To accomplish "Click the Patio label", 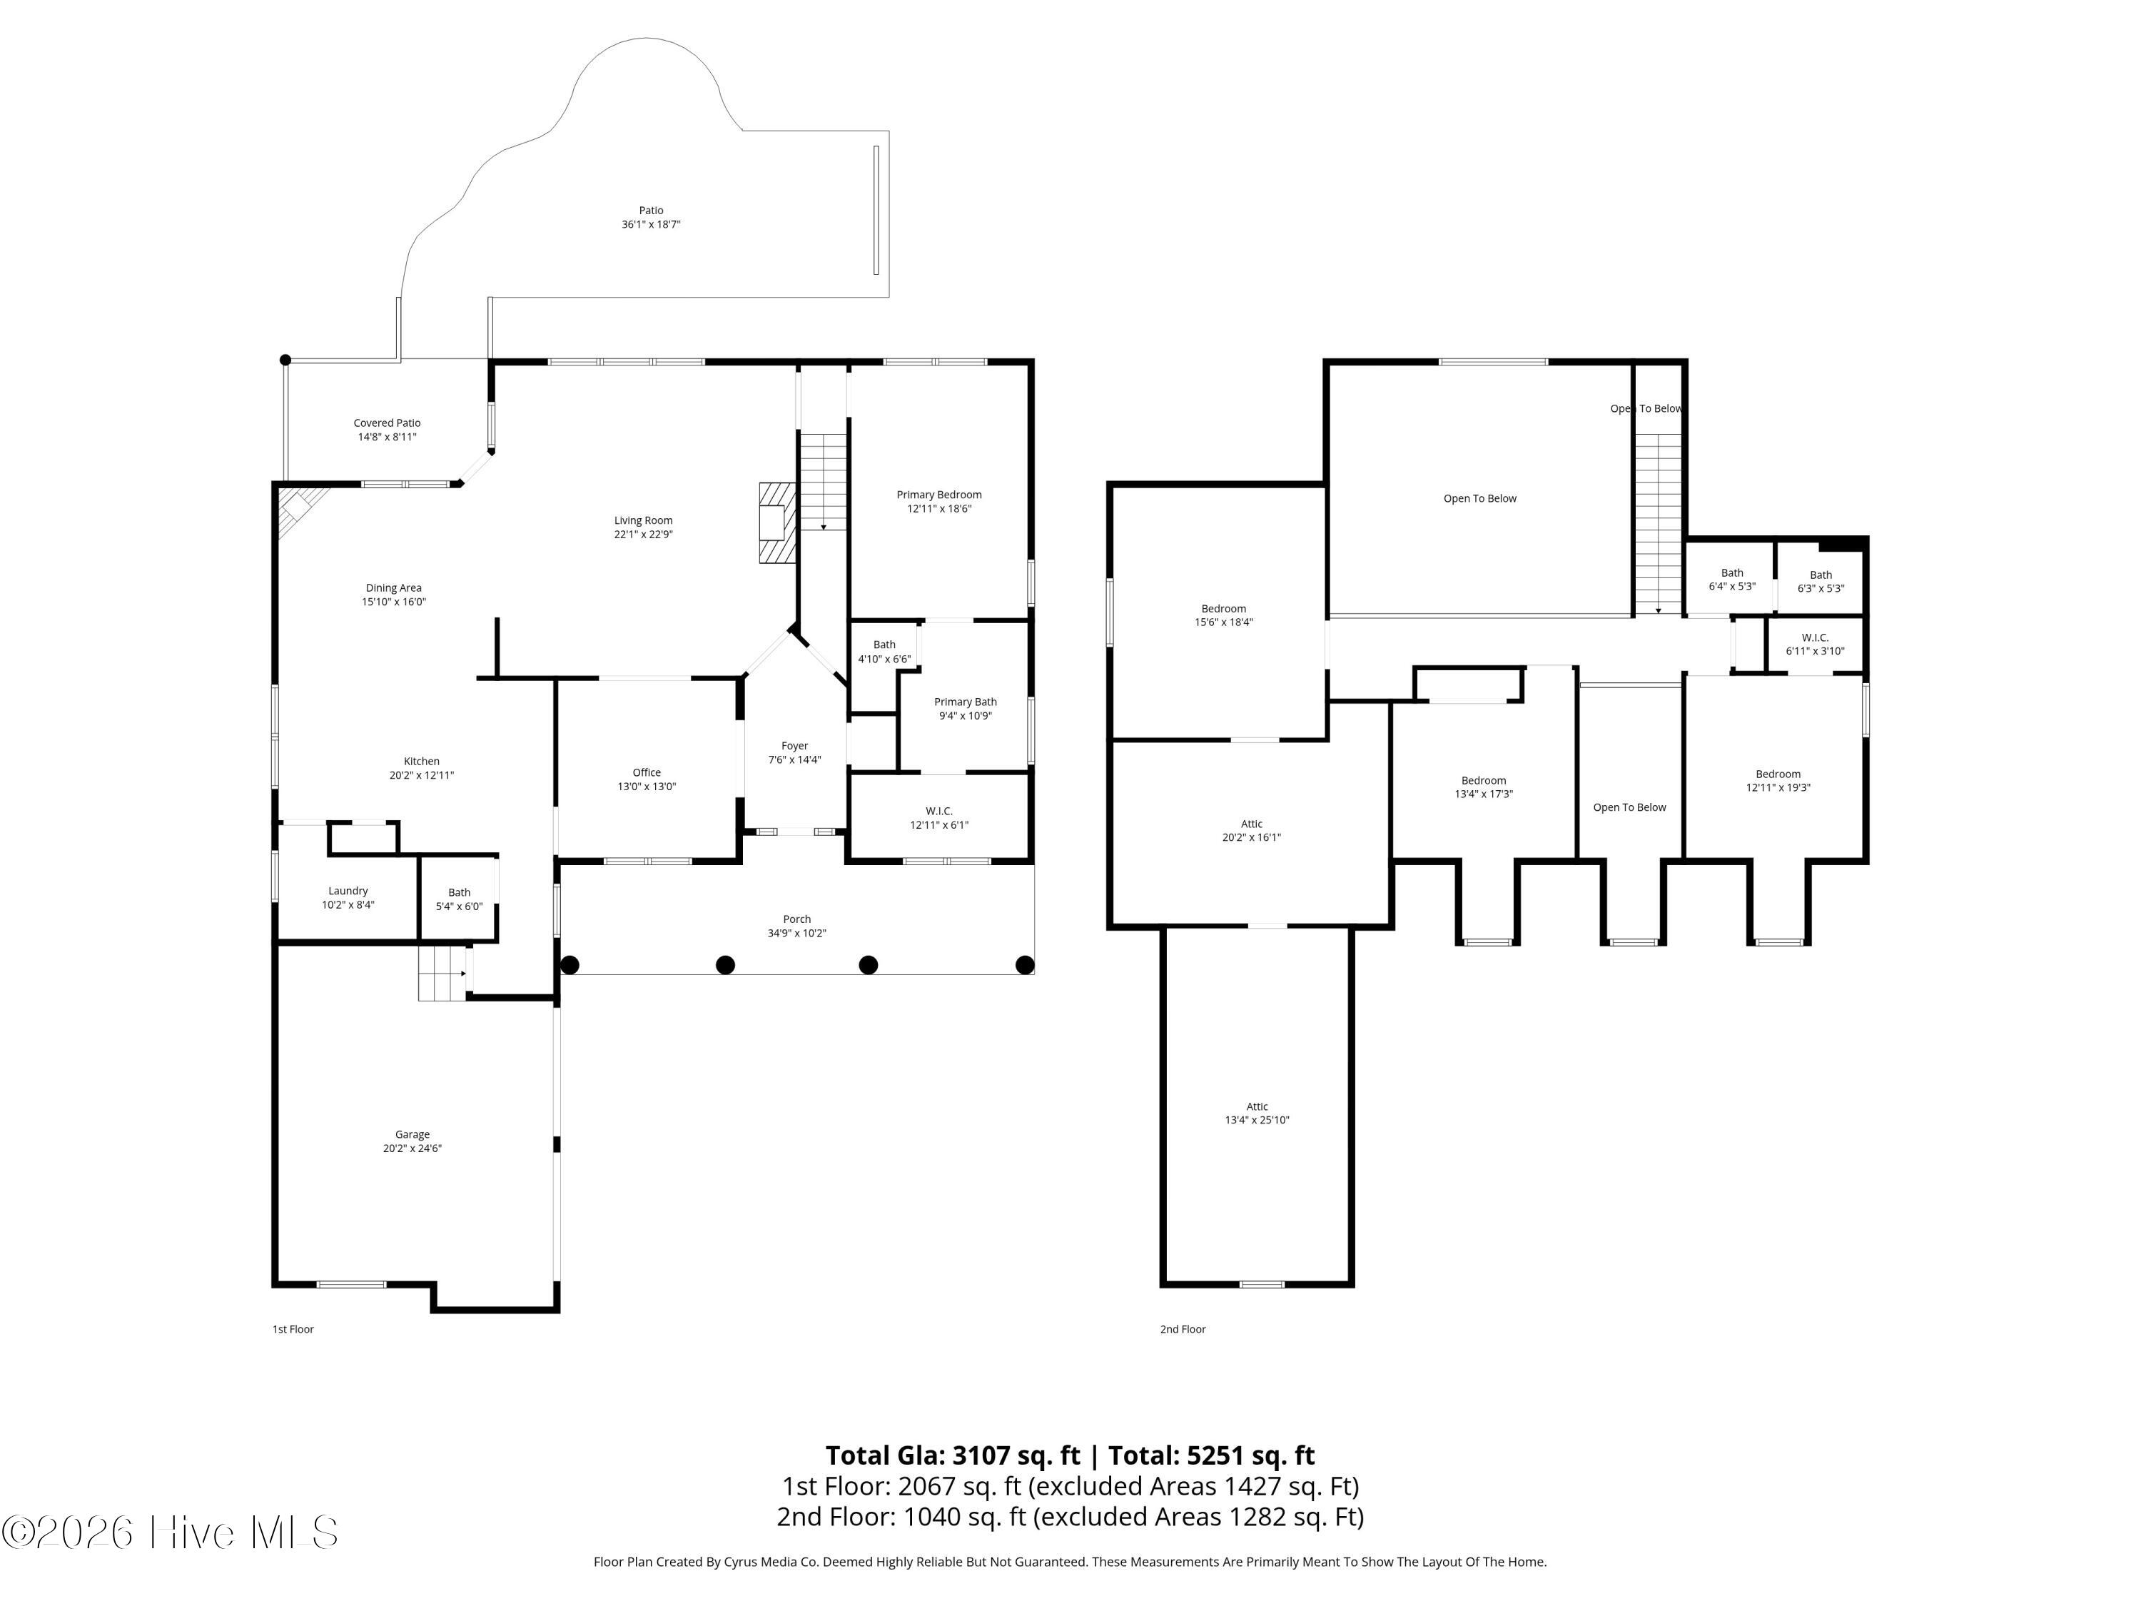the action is [x=652, y=210].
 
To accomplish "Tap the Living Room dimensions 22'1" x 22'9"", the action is [x=644, y=535].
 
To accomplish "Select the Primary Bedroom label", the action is [x=939, y=495].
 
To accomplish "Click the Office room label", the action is [x=647, y=772].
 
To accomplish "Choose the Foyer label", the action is [x=794, y=747].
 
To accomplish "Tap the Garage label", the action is [x=412, y=1135].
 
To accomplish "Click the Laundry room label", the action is [x=348, y=891].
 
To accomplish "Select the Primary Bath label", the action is [x=965, y=702].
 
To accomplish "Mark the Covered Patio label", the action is [x=387, y=423].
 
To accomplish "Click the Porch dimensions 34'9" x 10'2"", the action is [x=796, y=933].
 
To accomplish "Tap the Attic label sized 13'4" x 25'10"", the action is [x=1257, y=1106].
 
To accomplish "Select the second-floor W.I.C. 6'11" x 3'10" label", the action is [x=1815, y=637].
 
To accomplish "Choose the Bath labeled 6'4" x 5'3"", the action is [x=1731, y=573].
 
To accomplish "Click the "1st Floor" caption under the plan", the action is [x=293, y=1329].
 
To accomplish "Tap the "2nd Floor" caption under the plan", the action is [x=1183, y=1329].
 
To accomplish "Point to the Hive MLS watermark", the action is [x=171, y=1532].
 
